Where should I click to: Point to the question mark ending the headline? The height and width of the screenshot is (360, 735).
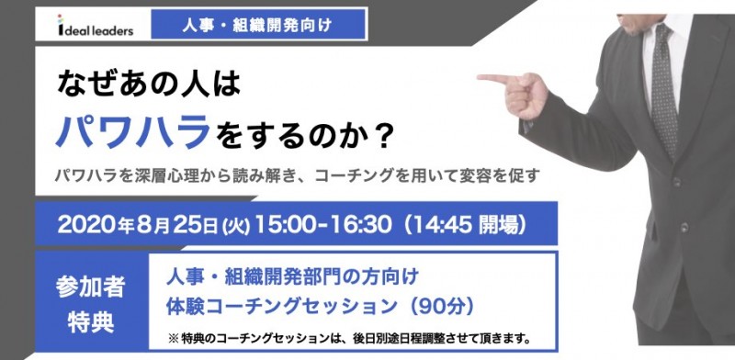click(x=385, y=136)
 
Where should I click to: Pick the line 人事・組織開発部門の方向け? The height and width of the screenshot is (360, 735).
click(x=293, y=275)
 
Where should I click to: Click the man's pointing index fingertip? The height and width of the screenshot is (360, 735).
click(x=481, y=79)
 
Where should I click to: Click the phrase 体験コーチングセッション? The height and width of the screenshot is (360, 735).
click(x=292, y=304)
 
